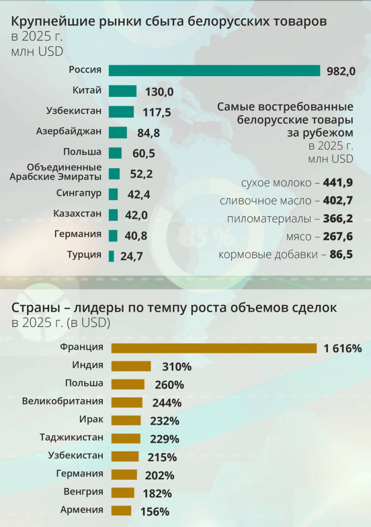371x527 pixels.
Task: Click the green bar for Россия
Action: pos(214,71)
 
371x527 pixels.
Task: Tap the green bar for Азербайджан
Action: pos(118,132)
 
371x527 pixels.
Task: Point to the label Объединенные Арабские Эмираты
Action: pos(64,172)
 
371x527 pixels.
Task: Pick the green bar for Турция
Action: pos(112,256)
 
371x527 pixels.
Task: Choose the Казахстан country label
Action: pos(78,214)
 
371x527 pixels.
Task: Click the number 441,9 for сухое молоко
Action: pos(338,183)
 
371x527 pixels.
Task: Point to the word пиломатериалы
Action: pos(269,218)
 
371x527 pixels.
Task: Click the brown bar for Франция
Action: pos(214,348)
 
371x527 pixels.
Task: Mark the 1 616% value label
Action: pos(342,348)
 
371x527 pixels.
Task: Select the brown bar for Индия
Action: pos(131,366)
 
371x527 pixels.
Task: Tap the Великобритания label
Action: pos(63,401)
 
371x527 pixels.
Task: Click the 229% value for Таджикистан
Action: pos(164,439)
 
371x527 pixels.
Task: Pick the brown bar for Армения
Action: pos(121,511)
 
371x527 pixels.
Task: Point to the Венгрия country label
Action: pos(83,491)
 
